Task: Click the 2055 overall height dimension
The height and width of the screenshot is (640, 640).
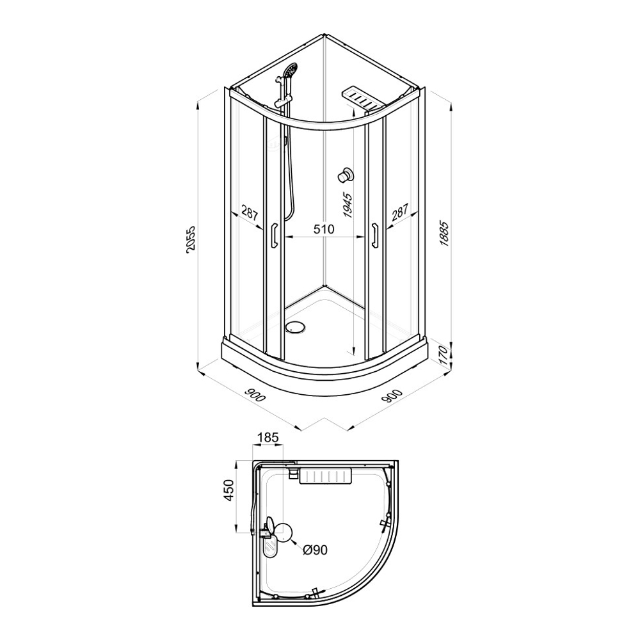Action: pyautogui.click(x=191, y=239)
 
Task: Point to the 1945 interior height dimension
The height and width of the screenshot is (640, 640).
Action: pyautogui.click(x=348, y=205)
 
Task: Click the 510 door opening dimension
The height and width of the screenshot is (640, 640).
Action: pyautogui.click(x=324, y=229)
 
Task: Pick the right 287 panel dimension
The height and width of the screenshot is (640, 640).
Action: pyautogui.click(x=399, y=212)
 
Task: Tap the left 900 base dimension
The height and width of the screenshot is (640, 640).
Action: pyautogui.click(x=255, y=395)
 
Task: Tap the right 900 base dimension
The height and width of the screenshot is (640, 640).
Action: pyautogui.click(x=394, y=395)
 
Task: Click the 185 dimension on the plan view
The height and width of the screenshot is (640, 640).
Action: pyautogui.click(x=268, y=438)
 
